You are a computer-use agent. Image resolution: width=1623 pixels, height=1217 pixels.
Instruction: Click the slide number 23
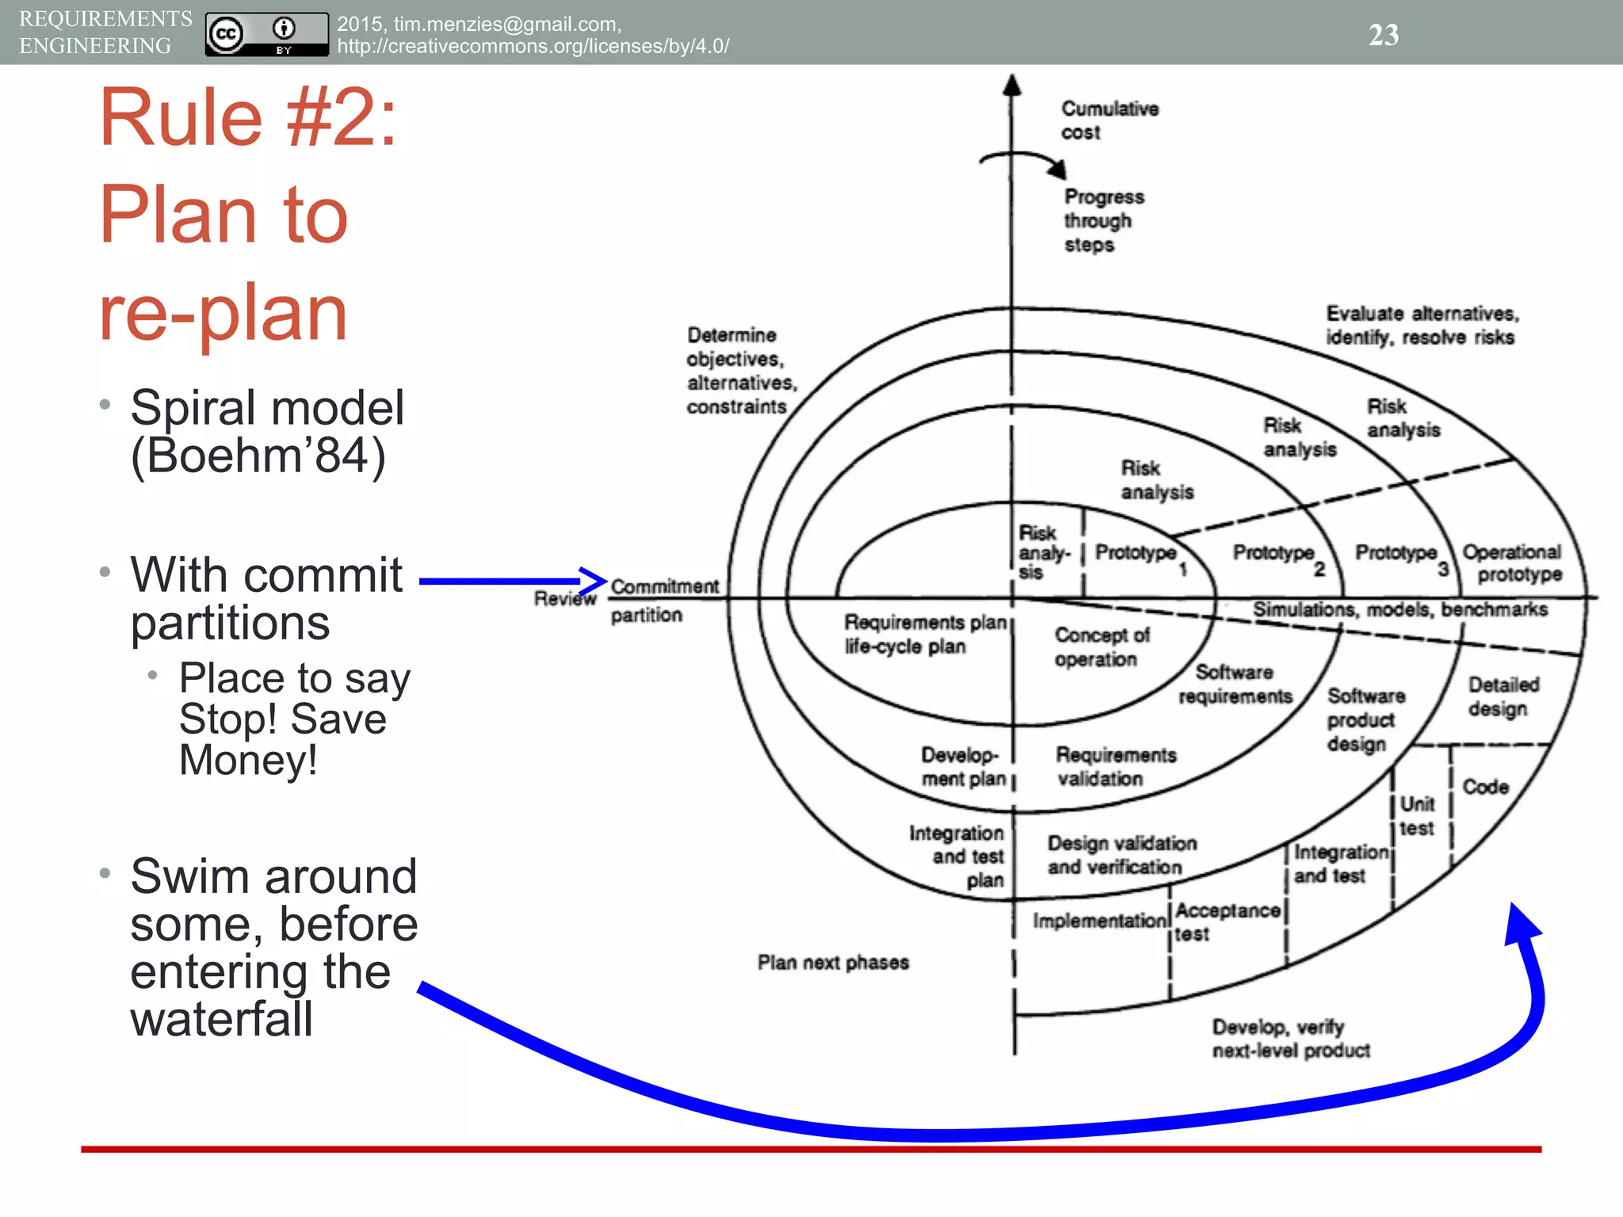[x=1384, y=34]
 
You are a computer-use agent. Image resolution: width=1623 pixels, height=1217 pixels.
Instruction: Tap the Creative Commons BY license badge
[x=266, y=34]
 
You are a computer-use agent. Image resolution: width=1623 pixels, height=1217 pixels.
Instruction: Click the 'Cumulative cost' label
[x=1109, y=120]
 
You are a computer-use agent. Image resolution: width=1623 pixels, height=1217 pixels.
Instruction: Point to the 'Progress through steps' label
[x=1103, y=220]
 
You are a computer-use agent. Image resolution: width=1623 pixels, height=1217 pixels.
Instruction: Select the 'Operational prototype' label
[x=1511, y=563]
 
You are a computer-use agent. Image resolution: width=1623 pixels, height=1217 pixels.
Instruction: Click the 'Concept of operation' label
[x=1101, y=647]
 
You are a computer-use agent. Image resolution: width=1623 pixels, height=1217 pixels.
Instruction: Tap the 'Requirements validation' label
[x=1115, y=766]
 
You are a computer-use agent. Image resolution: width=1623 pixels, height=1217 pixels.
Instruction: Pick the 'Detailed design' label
[x=1503, y=696]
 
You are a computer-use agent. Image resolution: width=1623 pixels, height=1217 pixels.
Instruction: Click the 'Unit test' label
[x=1417, y=816]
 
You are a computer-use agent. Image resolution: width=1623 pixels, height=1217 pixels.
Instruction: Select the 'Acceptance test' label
[x=1226, y=921]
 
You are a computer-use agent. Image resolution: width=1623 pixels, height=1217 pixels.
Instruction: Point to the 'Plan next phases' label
[x=833, y=962]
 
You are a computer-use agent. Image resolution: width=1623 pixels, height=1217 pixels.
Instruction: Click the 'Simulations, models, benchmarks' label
[x=1400, y=609]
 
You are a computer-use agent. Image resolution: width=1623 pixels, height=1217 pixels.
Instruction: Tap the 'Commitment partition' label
[x=664, y=600]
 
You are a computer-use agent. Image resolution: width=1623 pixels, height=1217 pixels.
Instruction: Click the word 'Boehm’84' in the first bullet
[x=258, y=456]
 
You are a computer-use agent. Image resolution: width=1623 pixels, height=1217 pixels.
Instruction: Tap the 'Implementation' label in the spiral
[x=1100, y=921]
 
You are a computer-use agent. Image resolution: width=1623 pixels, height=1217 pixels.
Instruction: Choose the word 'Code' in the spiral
[x=1485, y=787]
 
